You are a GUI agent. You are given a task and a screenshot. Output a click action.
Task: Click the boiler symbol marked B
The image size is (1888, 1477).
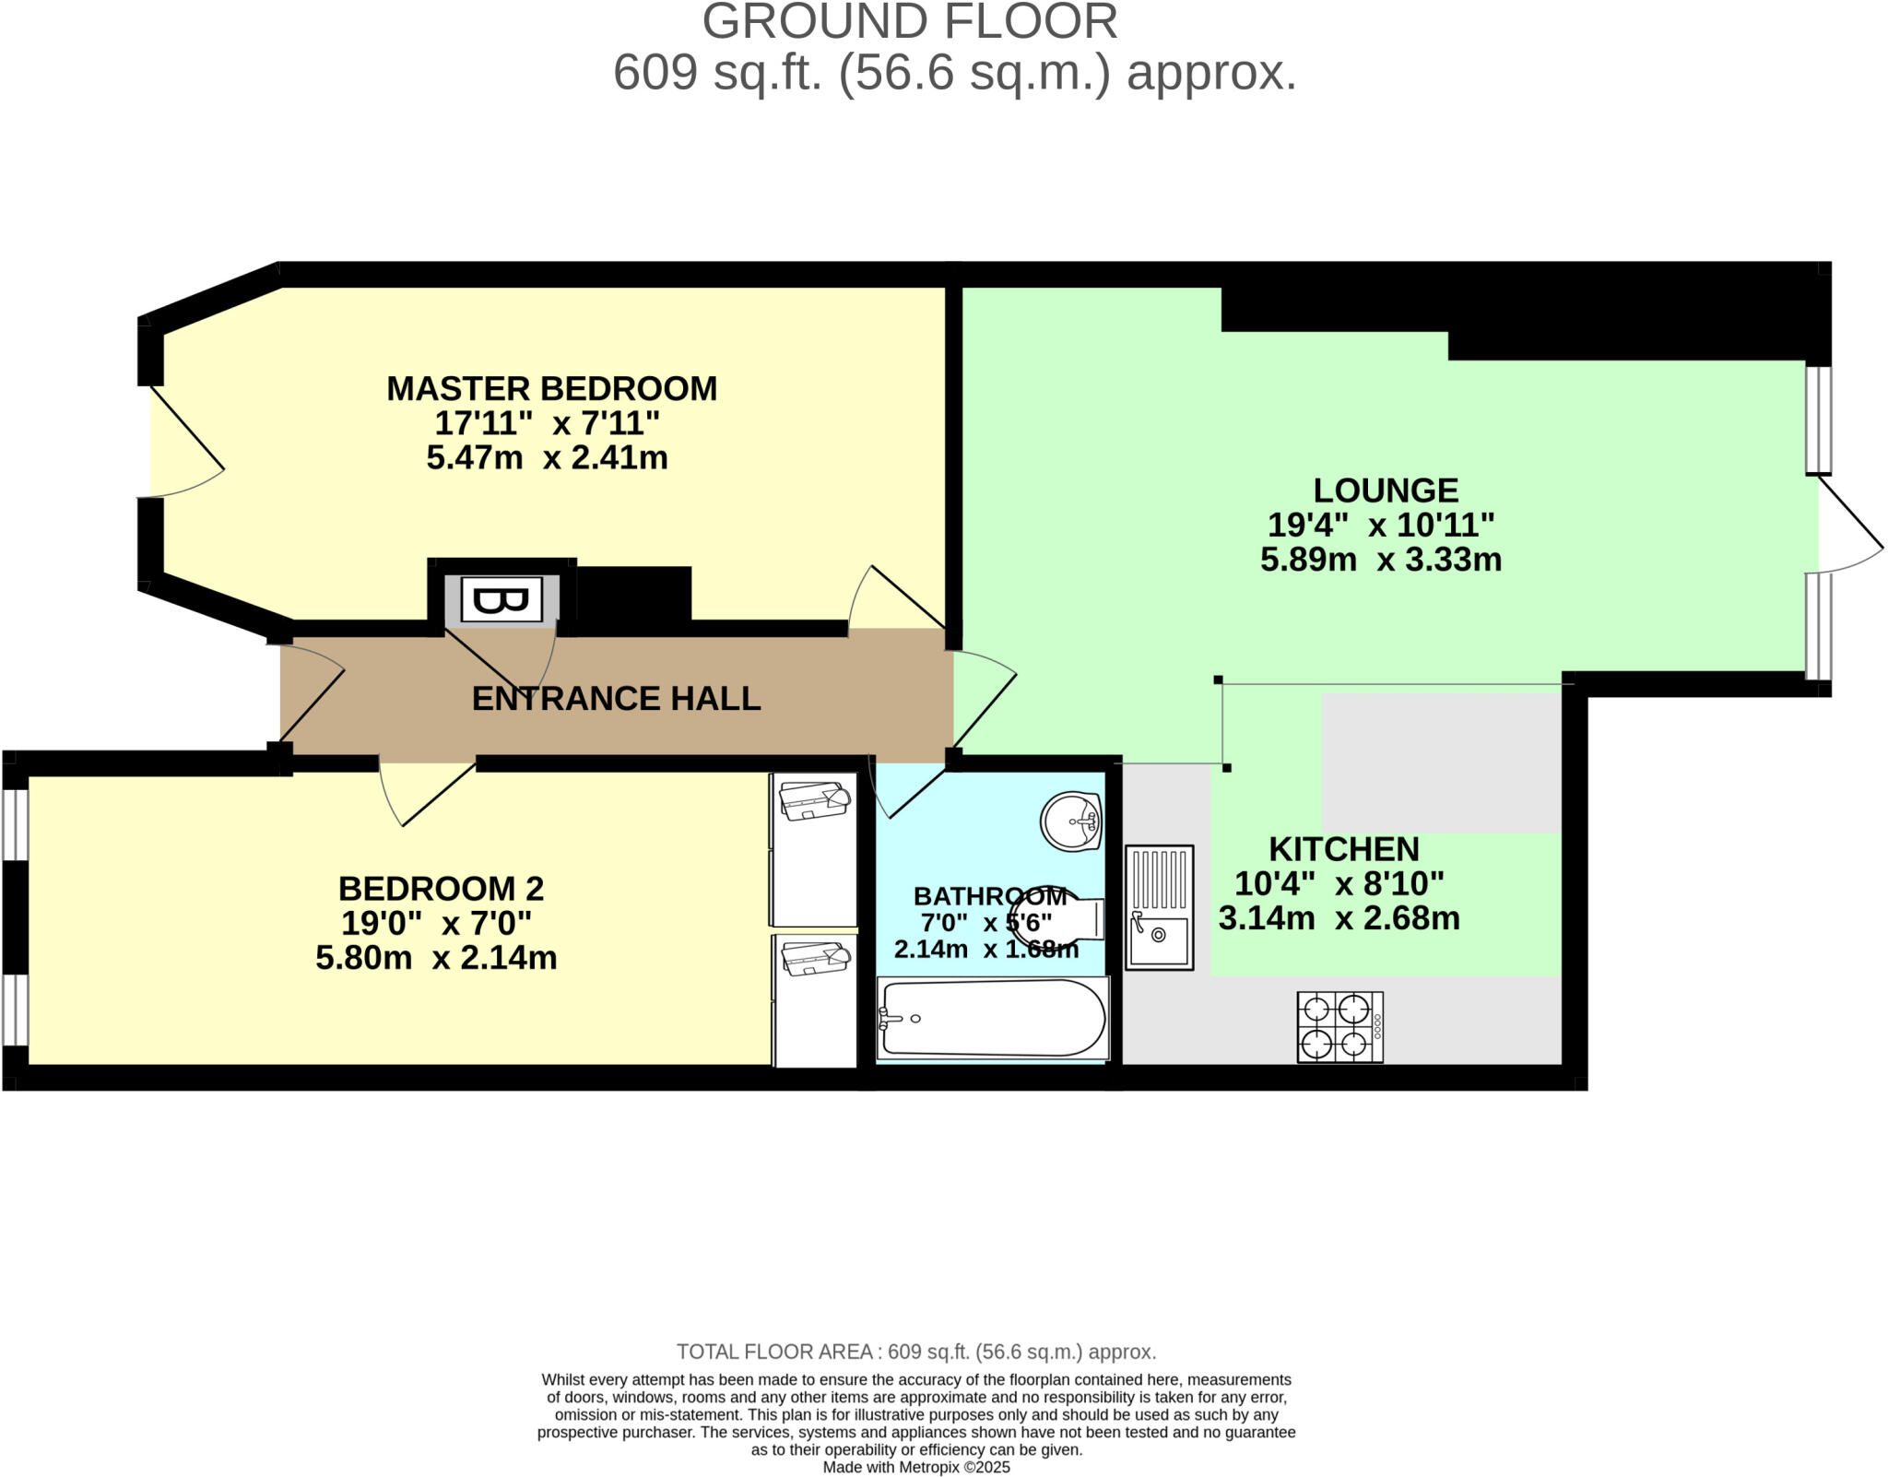pyautogui.click(x=501, y=601)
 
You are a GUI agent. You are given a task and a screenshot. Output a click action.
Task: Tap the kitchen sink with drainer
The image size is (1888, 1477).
pyautogui.click(x=1159, y=907)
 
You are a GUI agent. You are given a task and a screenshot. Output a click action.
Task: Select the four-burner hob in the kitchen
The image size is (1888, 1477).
pyautogui.click(x=1339, y=1027)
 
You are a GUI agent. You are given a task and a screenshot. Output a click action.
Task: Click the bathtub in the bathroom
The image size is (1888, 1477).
pyautogui.click(x=993, y=1018)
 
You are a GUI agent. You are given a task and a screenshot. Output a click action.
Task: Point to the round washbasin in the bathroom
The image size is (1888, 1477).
pyautogui.click(x=1071, y=820)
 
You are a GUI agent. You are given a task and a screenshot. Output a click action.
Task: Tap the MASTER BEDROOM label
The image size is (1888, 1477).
pyautogui.click(x=551, y=388)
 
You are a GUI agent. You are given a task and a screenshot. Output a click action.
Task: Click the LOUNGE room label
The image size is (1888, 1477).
pyautogui.click(x=1386, y=490)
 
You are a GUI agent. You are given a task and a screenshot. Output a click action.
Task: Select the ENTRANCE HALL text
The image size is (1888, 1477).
pyautogui.click(x=616, y=698)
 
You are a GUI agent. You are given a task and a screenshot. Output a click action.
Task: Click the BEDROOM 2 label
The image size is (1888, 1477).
pyautogui.click(x=441, y=888)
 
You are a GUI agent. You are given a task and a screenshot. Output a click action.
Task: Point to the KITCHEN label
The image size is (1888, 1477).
pyautogui.click(x=1344, y=848)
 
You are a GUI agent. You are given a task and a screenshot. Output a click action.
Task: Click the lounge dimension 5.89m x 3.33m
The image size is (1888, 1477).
pyautogui.click(x=1381, y=559)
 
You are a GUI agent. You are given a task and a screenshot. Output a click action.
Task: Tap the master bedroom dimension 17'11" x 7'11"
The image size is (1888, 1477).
pyautogui.click(x=548, y=423)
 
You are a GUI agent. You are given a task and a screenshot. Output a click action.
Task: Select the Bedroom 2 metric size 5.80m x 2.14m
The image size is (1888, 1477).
pyautogui.click(x=436, y=958)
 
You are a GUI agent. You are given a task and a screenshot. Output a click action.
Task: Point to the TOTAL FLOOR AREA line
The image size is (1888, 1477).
pyautogui.click(x=916, y=1352)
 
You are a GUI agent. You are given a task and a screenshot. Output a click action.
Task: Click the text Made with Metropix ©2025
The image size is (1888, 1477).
pyautogui.click(x=916, y=1467)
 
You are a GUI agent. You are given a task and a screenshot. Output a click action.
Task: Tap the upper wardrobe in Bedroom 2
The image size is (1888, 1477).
pyautogui.click(x=813, y=848)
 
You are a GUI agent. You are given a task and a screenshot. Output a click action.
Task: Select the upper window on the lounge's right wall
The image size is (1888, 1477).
pyautogui.click(x=1818, y=419)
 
